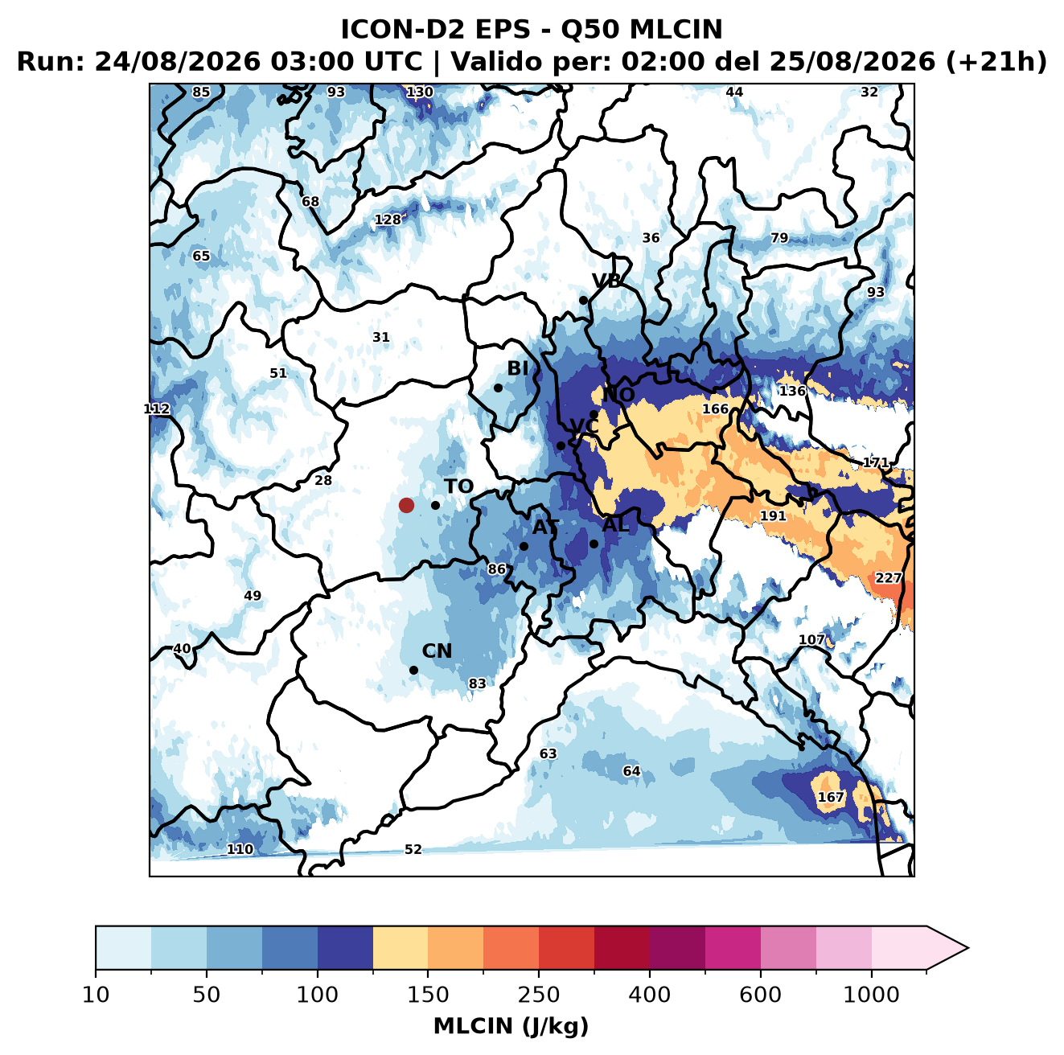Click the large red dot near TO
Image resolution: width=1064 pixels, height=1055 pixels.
tap(406, 505)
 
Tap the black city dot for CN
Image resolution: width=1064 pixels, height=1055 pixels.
tap(413, 670)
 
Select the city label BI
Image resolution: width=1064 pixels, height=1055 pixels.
tap(518, 368)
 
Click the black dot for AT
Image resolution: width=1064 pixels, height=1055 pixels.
tap(524, 546)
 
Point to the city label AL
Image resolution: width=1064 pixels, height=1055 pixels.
tap(616, 525)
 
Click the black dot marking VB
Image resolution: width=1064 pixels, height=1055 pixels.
tap(583, 300)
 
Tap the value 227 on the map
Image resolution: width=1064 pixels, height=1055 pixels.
tap(889, 578)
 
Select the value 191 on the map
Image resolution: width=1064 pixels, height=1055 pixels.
tap(773, 516)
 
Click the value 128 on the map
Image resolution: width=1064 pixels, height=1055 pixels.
tap(388, 220)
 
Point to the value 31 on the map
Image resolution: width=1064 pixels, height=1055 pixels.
tap(381, 337)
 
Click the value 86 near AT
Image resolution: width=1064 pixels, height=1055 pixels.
tap(496, 569)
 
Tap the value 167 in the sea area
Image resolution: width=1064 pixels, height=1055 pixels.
tap(831, 797)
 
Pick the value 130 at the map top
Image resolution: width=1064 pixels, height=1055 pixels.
tap(420, 92)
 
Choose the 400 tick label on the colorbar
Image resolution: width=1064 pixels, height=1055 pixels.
tap(649, 995)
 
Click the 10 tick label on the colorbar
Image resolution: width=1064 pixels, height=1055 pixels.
tap(96, 995)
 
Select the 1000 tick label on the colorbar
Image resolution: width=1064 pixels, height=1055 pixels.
tap(871, 995)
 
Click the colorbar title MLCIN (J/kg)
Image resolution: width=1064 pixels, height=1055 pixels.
tap(511, 1027)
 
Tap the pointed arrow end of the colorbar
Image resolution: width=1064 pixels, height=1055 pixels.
tap(968, 948)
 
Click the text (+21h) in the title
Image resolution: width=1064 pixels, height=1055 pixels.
tap(996, 62)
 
